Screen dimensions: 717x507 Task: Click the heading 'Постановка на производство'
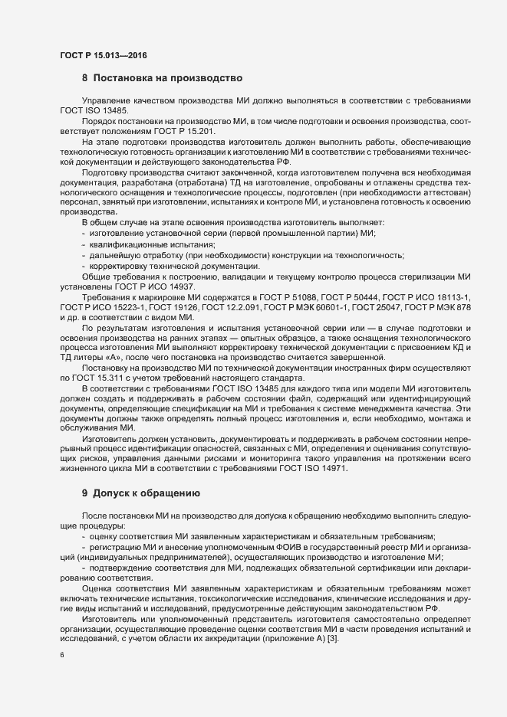click(x=162, y=78)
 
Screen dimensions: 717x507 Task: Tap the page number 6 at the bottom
click(x=62, y=656)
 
